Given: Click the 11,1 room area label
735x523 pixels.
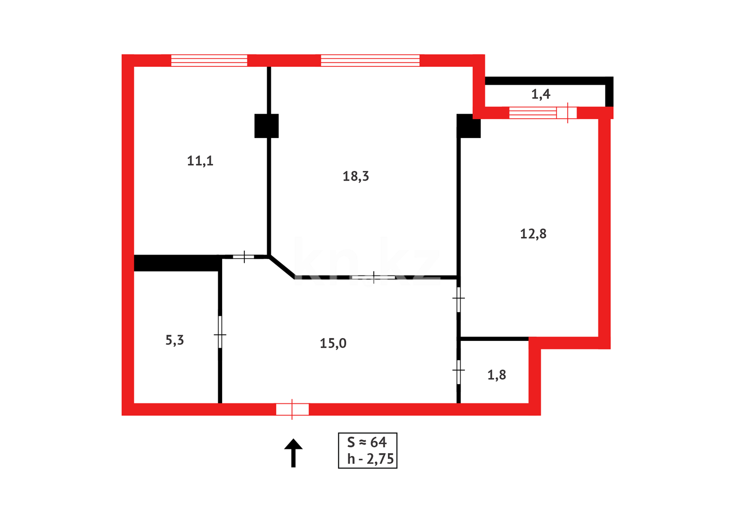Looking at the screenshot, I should [x=200, y=161].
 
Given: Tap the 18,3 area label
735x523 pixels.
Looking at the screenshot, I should [x=355, y=176].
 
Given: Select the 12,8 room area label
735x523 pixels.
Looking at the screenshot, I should [x=533, y=234].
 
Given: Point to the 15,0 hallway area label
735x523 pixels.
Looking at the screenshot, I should [x=333, y=343].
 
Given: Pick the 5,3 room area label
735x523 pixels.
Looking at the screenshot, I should [x=175, y=340].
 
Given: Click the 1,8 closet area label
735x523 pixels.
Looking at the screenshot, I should [x=496, y=375].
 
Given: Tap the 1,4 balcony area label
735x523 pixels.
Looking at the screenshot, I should [x=541, y=94].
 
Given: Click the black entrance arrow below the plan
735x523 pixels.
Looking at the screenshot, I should [x=293, y=452].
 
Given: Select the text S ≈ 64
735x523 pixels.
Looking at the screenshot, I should [x=367, y=442].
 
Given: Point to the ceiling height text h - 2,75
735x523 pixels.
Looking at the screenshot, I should [x=370, y=459].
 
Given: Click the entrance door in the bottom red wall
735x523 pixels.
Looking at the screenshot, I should [x=292, y=409].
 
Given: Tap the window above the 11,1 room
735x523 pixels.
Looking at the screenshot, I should [x=209, y=61].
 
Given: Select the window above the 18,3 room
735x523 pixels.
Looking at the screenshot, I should [x=370, y=61].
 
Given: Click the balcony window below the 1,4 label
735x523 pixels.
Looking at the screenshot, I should [x=543, y=113].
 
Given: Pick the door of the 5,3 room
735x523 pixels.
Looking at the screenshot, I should [x=220, y=333].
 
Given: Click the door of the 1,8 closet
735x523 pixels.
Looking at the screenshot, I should [x=459, y=371].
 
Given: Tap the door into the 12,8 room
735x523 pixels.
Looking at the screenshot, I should [x=459, y=299].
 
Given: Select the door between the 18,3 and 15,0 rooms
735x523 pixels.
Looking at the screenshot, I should [x=373, y=277].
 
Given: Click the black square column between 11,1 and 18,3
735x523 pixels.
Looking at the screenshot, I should [x=267, y=126].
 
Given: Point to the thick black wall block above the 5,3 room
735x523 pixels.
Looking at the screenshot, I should [x=177, y=263].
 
